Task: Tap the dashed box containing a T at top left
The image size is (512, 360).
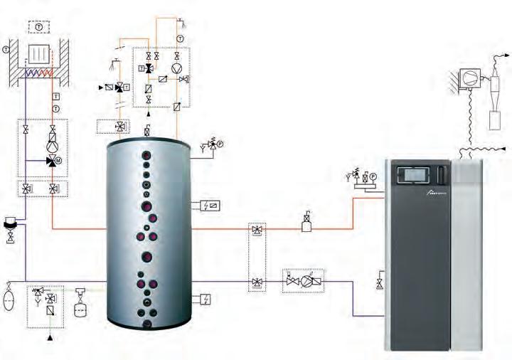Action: pyautogui.click(x=38, y=26)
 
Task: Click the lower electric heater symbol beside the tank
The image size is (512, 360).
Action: pyautogui.click(x=206, y=300)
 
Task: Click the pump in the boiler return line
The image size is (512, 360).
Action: pyautogui.click(x=307, y=280)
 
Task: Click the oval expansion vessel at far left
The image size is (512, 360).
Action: pyautogui.click(x=9, y=297)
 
